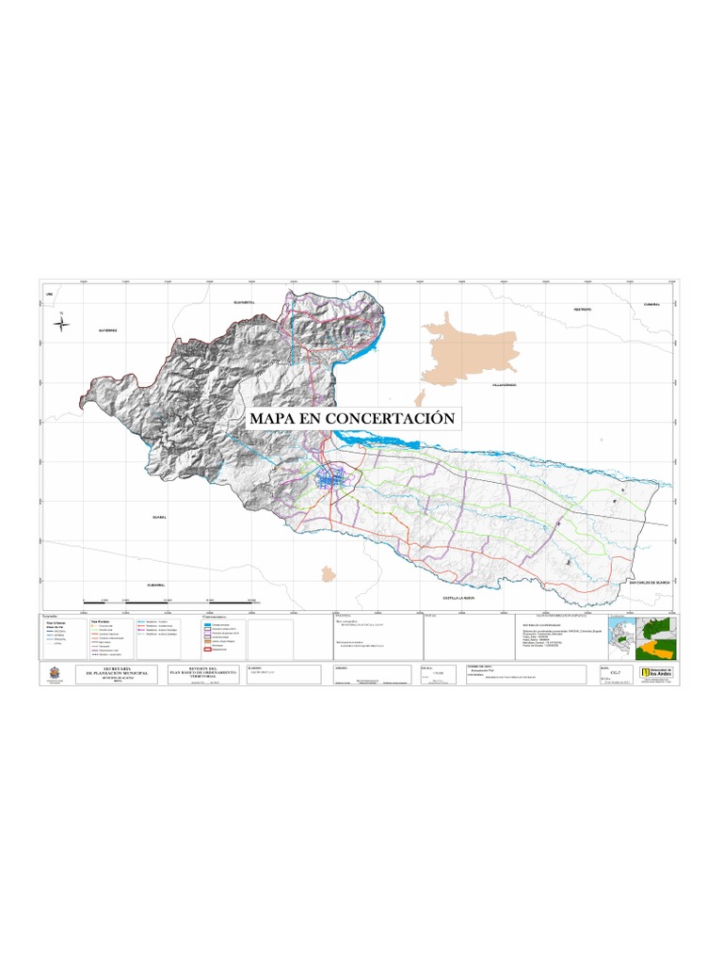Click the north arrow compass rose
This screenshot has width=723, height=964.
[x=62, y=324]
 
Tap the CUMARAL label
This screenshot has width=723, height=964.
[x=652, y=304]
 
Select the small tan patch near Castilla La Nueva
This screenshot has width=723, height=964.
[x=328, y=572]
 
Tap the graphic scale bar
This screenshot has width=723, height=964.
[x=170, y=601]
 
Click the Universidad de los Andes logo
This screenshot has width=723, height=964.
[x=656, y=673]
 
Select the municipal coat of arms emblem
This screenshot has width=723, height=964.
[x=61, y=672]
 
